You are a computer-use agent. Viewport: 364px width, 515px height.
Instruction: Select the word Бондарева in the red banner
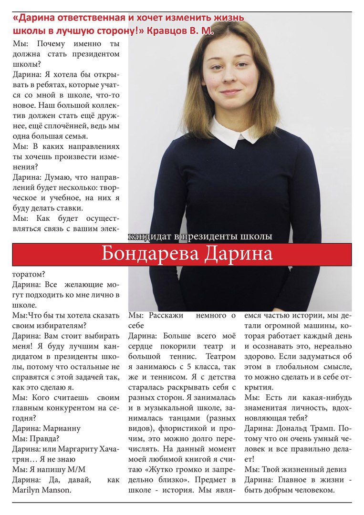click(151, 254)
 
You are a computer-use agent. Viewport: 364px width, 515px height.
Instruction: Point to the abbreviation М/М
click(77, 470)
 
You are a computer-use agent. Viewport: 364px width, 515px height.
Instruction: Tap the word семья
click(82, 135)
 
